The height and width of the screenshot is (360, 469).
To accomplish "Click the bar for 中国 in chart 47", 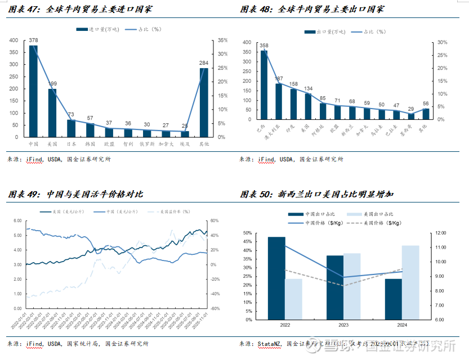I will coord(33,91).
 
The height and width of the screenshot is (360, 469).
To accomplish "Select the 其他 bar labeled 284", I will coord(203,102).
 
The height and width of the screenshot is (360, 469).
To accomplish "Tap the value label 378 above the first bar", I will coord(33,40).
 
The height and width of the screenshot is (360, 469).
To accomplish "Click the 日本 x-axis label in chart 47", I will coord(72,144).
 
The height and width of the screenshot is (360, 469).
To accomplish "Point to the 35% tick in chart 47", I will coord(223,40).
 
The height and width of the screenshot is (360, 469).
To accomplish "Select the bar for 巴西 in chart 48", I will coord(263,85).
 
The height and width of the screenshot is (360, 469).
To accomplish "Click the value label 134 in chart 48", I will coord(308,89).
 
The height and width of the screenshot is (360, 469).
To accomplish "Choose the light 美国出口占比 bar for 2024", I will coord(410,282).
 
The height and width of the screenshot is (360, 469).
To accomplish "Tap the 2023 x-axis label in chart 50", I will coord(343,325).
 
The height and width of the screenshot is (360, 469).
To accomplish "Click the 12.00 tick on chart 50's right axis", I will coord(440,233).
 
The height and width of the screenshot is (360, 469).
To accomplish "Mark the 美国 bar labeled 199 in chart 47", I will coord(52,113).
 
